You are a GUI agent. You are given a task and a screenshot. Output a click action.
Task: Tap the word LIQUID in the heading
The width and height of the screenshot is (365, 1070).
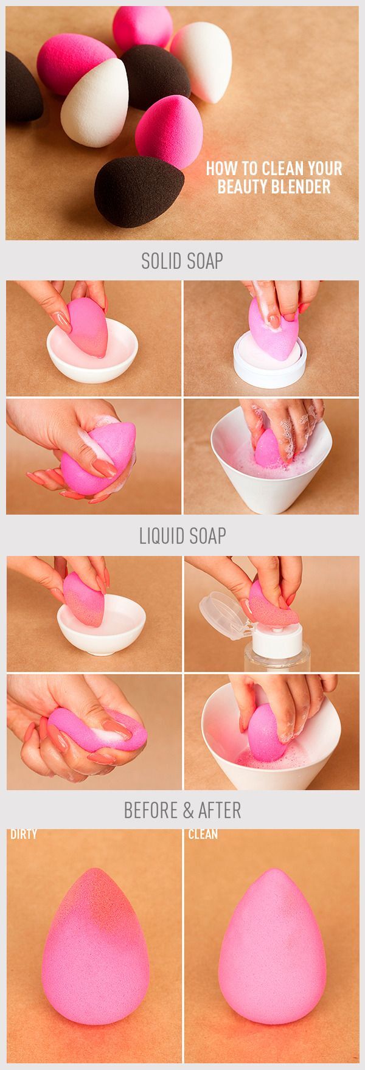tap(161, 535)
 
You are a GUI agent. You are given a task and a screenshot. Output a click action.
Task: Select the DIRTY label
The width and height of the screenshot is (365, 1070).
tap(24, 834)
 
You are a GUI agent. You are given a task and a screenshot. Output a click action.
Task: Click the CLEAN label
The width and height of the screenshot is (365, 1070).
tap(203, 834)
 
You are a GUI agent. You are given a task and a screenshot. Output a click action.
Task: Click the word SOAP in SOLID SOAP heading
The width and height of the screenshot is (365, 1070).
tap(205, 261)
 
